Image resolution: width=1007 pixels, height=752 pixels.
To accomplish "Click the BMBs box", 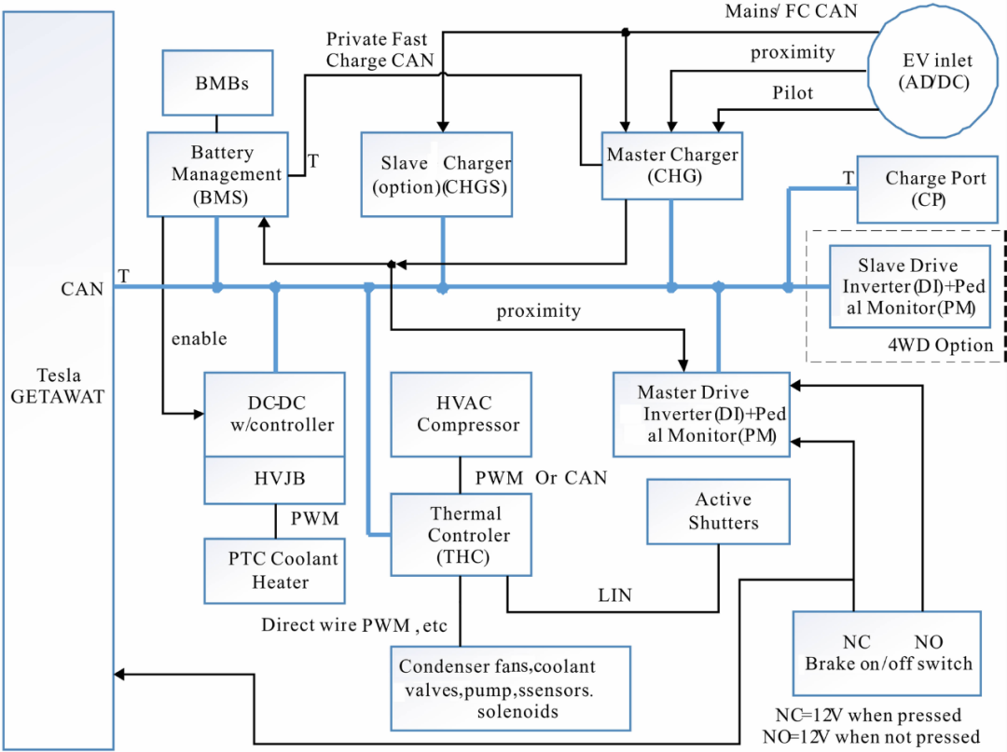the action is pyautogui.click(x=217, y=83).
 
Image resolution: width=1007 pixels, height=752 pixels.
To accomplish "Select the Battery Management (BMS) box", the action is pyautogui.click(x=217, y=174).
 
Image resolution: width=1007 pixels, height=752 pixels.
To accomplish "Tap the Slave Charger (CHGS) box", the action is pyautogui.click(x=436, y=174).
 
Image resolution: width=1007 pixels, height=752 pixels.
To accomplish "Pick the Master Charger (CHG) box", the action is pyautogui.click(x=672, y=166).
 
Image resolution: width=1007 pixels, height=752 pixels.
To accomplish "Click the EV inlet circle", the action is pyautogui.click(x=936, y=72).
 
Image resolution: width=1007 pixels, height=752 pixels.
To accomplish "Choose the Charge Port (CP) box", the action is pyautogui.click(x=928, y=189).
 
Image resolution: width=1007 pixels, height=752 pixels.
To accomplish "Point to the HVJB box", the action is pyautogui.click(x=275, y=480).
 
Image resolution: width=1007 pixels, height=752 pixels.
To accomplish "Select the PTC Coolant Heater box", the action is pyautogui.click(x=275, y=570).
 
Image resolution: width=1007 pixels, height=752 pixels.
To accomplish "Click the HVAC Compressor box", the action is pyautogui.click(x=462, y=415).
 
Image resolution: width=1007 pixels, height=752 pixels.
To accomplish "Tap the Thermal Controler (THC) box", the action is pyautogui.click(x=462, y=535).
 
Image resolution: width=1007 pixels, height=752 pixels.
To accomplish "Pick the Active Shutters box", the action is pyautogui.click(x=719, y=512).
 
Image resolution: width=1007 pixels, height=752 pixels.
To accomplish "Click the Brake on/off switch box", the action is pyautogui.click(x=887, y=653).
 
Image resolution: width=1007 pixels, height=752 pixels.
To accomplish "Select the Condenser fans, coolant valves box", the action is pyautogui.click(x=511, y=689).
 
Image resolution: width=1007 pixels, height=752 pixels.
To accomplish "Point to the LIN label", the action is pyautogui.click(x=614, y=595).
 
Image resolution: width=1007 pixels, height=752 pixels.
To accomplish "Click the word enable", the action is pyautogui.click(x=200, y=338).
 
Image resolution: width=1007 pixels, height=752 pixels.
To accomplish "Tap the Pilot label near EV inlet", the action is pyautogui.click(x=793, y=93).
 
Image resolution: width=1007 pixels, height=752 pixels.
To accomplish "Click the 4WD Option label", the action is pyautogui.click(x=940, y=345).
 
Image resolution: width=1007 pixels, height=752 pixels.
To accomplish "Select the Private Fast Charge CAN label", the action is pyautogui.click(x=379, y=49).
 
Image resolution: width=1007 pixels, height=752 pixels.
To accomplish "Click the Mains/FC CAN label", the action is pyautogui.click(x=792, y=11).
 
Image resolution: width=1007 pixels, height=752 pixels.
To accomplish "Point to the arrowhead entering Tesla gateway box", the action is pyautogui.click(x=119, y=675).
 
